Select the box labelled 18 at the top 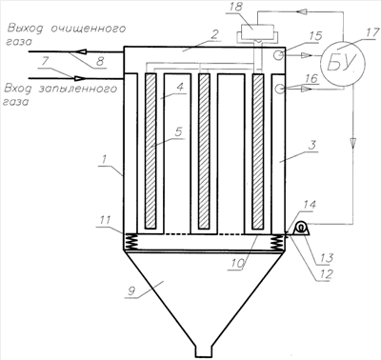tap(257, 31)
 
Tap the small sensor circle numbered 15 tap(278, 55)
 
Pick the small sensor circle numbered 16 tap(279, 89)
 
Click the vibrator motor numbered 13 tap(301, 229)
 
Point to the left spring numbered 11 tap(130, 242)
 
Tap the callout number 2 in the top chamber tap(214, 34)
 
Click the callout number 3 tap(312, 146)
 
